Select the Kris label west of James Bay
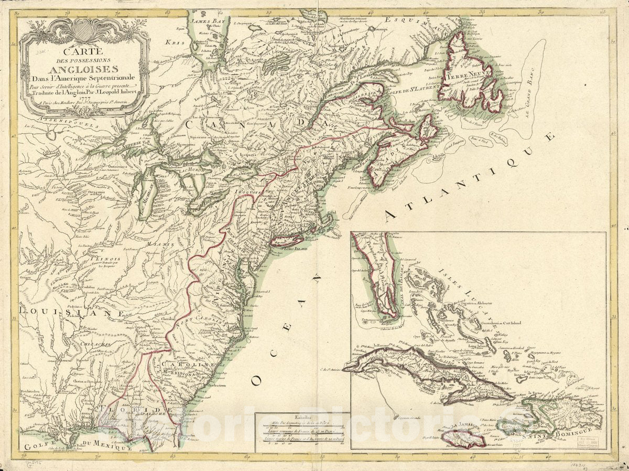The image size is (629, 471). click(x=175, y=42)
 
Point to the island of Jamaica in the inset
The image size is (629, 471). click(x=463, y=437)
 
